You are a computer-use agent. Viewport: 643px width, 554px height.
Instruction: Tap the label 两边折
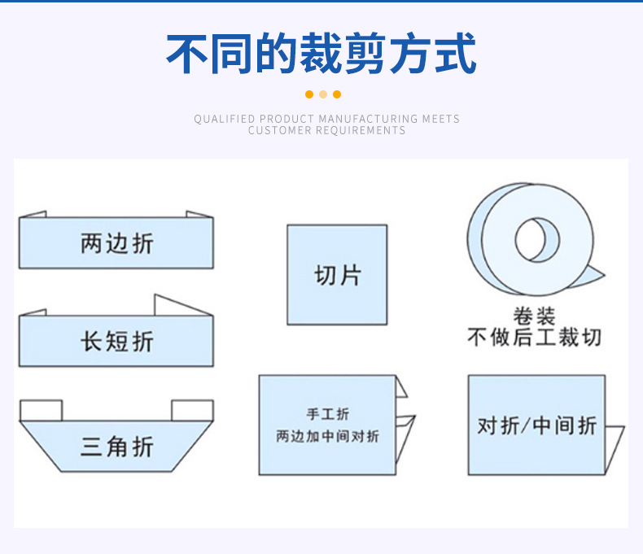click(116, 242)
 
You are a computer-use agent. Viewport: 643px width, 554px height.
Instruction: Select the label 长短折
click(116, 341)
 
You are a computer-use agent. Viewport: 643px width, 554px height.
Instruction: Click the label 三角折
click(116, 446)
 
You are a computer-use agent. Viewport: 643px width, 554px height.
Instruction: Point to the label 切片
click(337, 275)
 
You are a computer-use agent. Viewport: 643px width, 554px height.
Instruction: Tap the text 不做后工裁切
click(534, 337)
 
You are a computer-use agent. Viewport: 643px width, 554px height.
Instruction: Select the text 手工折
click(327, 415)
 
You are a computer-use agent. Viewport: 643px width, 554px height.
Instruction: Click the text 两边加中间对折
click(327, 437)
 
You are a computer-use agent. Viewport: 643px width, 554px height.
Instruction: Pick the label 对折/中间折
click(536, 425)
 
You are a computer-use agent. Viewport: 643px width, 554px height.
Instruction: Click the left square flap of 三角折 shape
click(41, 410)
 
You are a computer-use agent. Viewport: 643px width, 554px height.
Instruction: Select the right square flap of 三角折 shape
click(192, 410)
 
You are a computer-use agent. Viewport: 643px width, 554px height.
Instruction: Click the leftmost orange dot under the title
click(309, 94)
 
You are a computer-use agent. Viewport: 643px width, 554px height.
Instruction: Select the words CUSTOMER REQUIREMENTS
click(326, 130)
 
